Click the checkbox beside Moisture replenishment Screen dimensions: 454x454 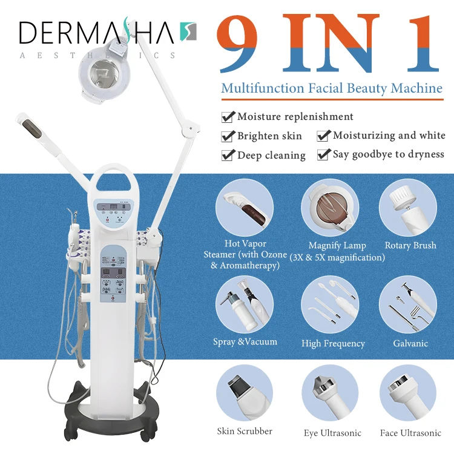point(228,117)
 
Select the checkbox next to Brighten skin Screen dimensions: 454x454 point(228,136)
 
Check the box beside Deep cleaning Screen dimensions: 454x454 point(228,155)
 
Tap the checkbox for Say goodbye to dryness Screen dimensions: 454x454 point(324,154)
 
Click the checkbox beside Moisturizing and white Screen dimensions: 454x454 point(324,136)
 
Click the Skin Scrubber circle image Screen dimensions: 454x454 point(245,393)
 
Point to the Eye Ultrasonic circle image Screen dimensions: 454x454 point(332,393)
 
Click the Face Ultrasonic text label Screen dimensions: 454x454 point(410,433)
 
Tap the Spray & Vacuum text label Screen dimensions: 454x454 point(245,342)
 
